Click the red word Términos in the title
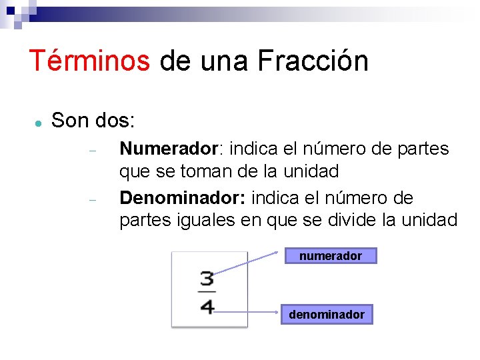coord(89,61)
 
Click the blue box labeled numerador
coord(331,255)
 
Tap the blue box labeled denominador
coord(327,314)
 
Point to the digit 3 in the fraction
coord(207,279)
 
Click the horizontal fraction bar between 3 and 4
coord(207,292)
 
